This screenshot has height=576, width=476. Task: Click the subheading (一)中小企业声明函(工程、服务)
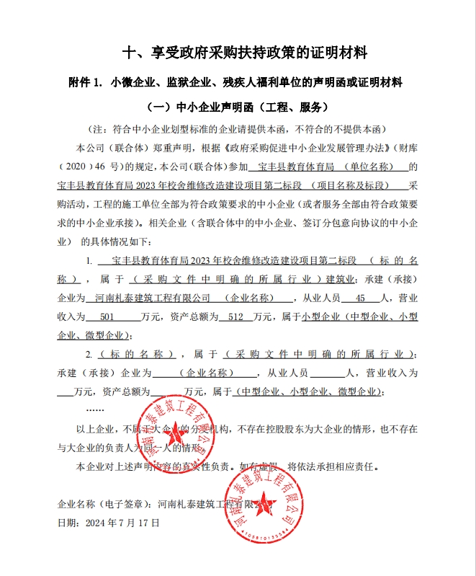coord(238,107)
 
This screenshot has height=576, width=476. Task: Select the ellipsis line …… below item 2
coord(94,410)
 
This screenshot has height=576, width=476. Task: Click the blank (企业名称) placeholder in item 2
coord(205,373)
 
